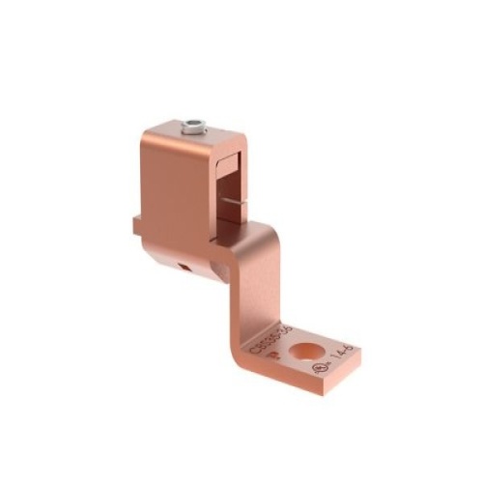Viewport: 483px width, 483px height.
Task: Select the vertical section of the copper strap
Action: pyautogui.click(x=253, y=280)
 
